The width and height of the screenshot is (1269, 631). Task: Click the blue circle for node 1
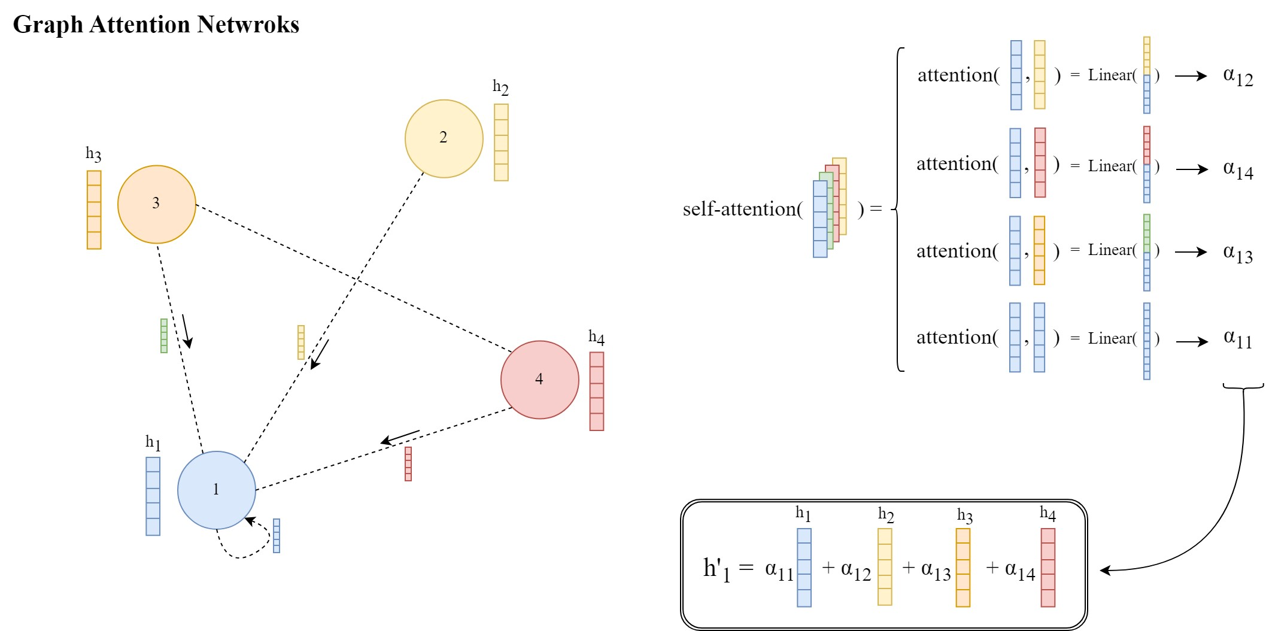coord(216,490)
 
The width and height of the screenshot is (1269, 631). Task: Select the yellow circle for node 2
coord(444,138)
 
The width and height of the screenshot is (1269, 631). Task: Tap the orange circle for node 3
coord(156,204)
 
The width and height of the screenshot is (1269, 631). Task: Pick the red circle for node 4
coord(539,380)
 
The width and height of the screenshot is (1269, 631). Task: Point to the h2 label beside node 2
coord(500,87)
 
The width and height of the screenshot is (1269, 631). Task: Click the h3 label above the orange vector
coord(93,154)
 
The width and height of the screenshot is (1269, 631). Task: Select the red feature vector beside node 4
coord(596,391)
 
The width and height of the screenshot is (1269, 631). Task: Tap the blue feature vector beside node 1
coord(153,496)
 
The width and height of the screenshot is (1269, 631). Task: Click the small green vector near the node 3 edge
coord(164,335)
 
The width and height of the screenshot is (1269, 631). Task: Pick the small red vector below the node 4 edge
coord(408,463)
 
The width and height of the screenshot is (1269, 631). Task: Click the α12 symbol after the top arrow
coord(1237,77)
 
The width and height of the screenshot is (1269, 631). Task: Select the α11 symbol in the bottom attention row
coord(1237,339)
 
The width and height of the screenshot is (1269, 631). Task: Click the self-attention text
coord(742,209)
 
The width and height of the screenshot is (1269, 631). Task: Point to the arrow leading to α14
coord(1192,169)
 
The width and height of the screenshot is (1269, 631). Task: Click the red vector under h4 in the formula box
coord(1048,567)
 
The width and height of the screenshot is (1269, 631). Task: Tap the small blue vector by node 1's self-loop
coord(277,535)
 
